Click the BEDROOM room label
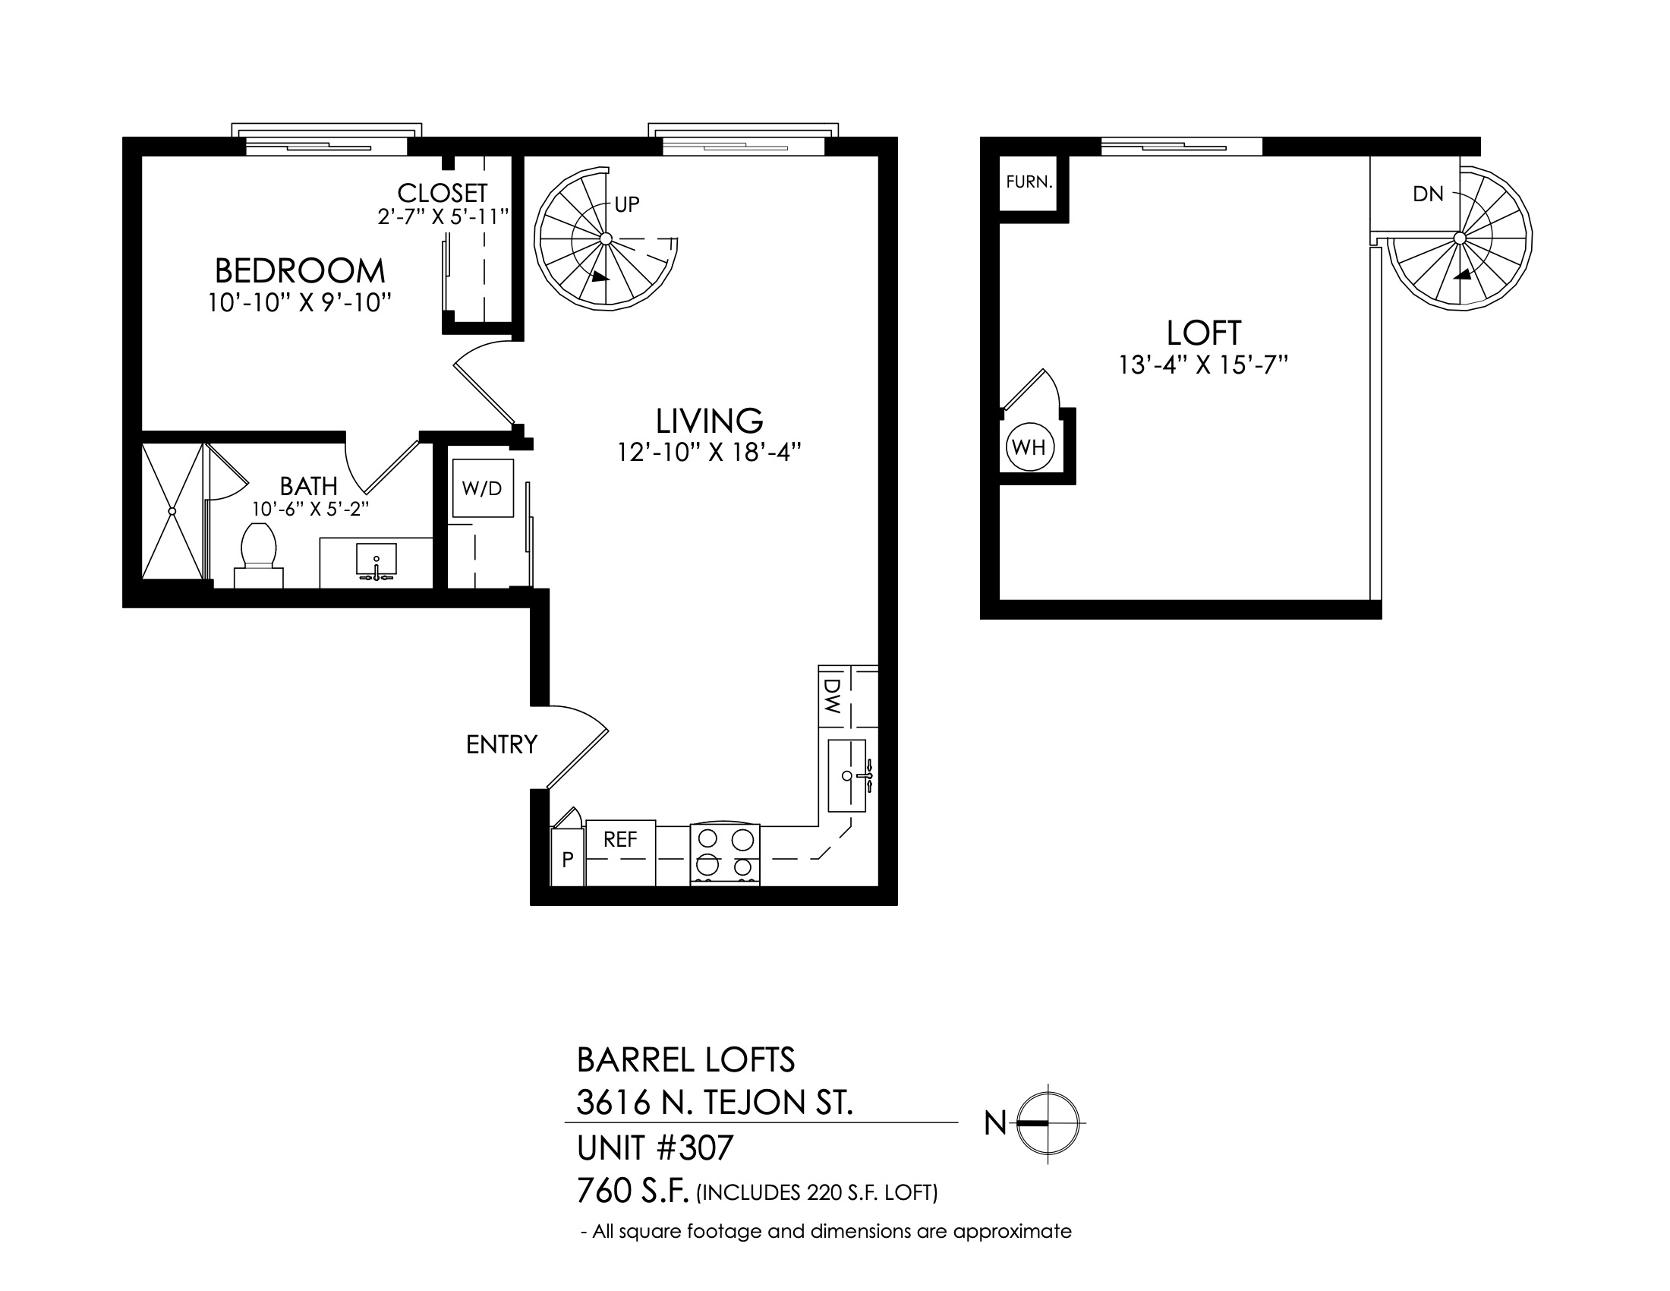click(300, 271)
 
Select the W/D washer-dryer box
click(483, 488)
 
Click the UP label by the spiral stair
click(627, 204)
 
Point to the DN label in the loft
click(1429, 194)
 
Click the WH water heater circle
click(1029, 447)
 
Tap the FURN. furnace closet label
click(1029, 182)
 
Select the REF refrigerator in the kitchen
click(620, 854)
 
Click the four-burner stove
click(725, 854)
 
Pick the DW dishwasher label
click(833, 696)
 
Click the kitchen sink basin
click(847, 775)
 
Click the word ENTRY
click(502, 744)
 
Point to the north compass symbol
click(1048, 1122)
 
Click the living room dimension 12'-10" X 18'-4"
click(709, 453)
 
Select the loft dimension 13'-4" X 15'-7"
click(1204, 365)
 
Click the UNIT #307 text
click(655, 1147)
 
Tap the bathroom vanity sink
click(377, 561)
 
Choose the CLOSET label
click(442, 193)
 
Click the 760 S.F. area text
click(633, 1191)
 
